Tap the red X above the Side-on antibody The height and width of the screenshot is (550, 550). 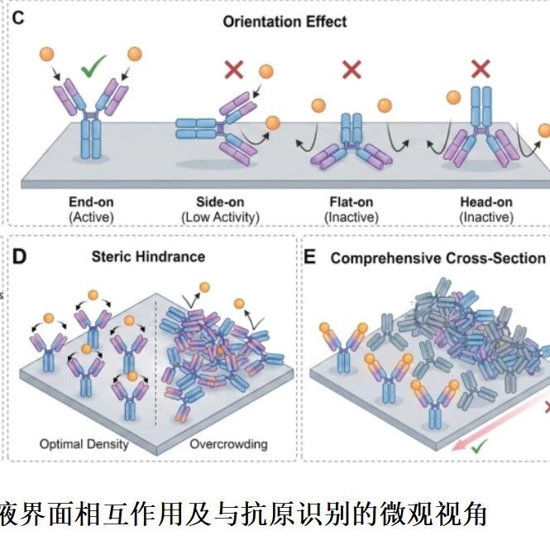(233, 69)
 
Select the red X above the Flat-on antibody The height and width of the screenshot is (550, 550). (352, 69)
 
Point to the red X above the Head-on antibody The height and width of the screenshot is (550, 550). (481, 69)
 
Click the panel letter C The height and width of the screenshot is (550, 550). (18, 18)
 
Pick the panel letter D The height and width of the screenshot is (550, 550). (19, 256)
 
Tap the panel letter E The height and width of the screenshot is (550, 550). (309, 257)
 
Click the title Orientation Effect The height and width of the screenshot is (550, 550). (285, 22)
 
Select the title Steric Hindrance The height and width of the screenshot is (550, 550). (148, 256)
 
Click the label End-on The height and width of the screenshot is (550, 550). (91, 202)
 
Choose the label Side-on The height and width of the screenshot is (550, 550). (220, 202)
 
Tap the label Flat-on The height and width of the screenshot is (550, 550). (352, 202)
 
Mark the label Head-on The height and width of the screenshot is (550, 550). (486, 202)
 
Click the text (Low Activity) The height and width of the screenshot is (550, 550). (220, 218)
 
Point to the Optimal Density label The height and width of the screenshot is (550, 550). (84, 444)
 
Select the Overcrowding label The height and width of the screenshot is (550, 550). (229, 444)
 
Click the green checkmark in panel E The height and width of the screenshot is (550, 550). (479, 447)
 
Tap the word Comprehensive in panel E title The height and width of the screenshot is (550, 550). (386, 259)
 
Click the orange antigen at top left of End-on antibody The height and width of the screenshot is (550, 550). (46, 55)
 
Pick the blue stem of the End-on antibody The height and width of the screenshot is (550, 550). (91, 139)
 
